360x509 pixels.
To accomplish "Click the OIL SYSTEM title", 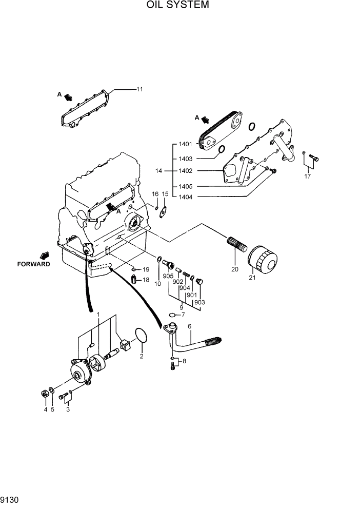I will [x=177, y=5].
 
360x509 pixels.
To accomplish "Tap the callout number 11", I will [x=139, y=89].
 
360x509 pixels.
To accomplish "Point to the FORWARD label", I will [x=33, y=264].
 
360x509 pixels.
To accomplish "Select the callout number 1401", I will [x=185, y=144].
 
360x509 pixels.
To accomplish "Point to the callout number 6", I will [x=189, y=326].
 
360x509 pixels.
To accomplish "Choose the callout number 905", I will [x=168, y=276].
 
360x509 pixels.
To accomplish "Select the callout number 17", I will [x=308, y=177].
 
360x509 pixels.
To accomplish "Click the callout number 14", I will [x=158, y=170].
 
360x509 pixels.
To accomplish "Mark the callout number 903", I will [x=199, y=302].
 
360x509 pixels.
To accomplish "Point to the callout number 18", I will [x=146, y=280].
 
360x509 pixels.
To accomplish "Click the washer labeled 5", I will [x=52, y=394].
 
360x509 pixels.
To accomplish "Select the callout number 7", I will [x=183, y=315].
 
